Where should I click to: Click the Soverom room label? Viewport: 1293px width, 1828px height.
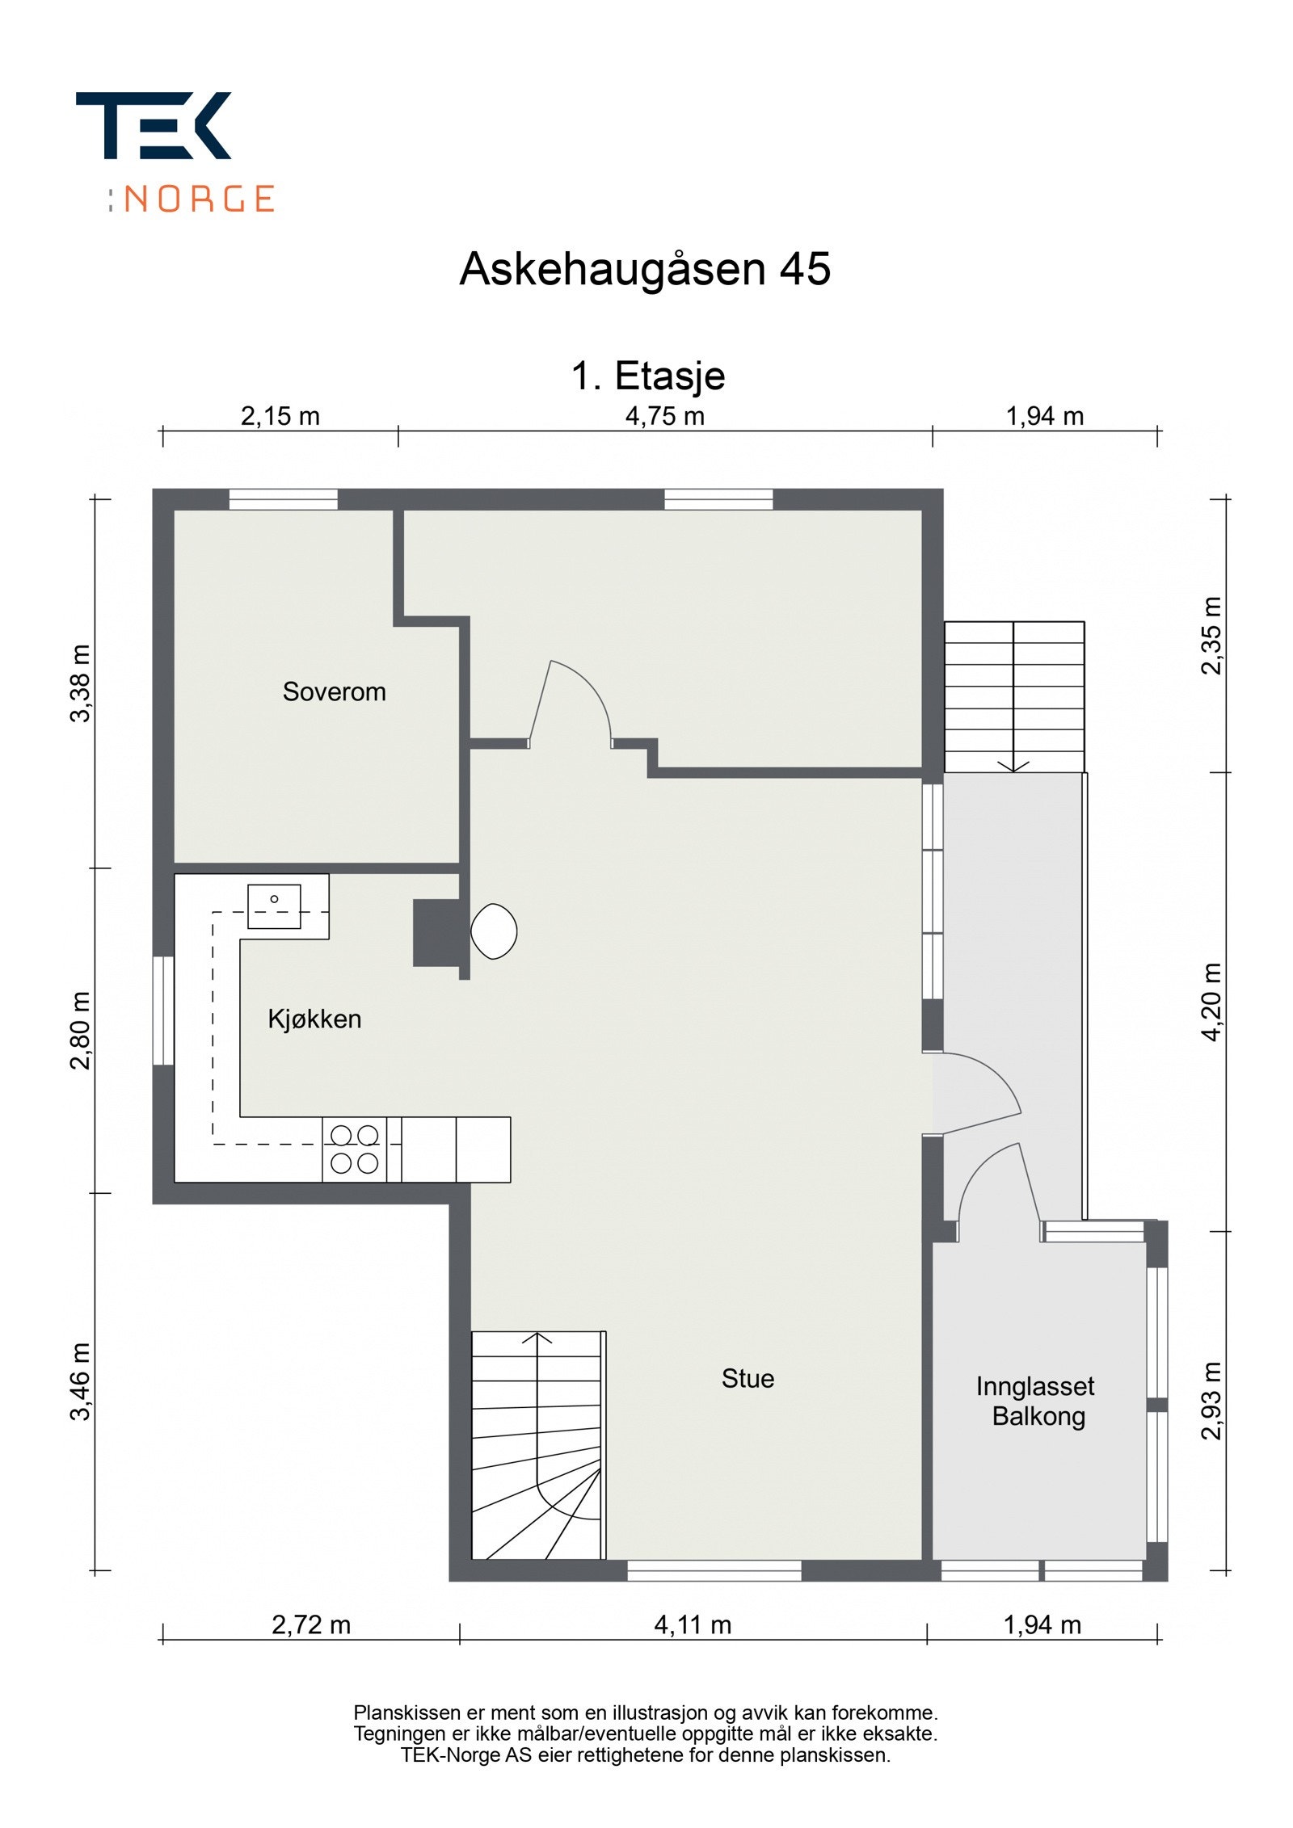point(334,691)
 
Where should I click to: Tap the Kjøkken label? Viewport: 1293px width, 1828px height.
point(314,1019)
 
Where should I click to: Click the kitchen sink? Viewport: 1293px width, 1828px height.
point(274,906)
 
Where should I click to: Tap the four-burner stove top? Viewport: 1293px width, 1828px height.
point(354,1149)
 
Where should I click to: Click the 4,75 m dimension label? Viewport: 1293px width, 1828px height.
point(665,417)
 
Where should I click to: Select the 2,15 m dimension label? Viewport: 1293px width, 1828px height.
point(280,417)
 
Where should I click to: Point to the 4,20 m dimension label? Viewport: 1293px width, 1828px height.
point(1212,1002)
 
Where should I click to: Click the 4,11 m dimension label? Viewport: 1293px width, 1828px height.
point(693,1625)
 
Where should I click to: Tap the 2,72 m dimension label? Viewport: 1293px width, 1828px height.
point(311,1625)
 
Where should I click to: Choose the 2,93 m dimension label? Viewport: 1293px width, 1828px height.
point(1212,1401)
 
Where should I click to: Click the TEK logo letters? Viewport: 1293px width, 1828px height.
point(154,125)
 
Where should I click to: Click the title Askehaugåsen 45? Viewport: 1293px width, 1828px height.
point(645,268)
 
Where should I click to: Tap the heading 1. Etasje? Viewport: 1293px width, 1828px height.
point(648,376)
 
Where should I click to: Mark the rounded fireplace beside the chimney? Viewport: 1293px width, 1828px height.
point(494,931)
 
